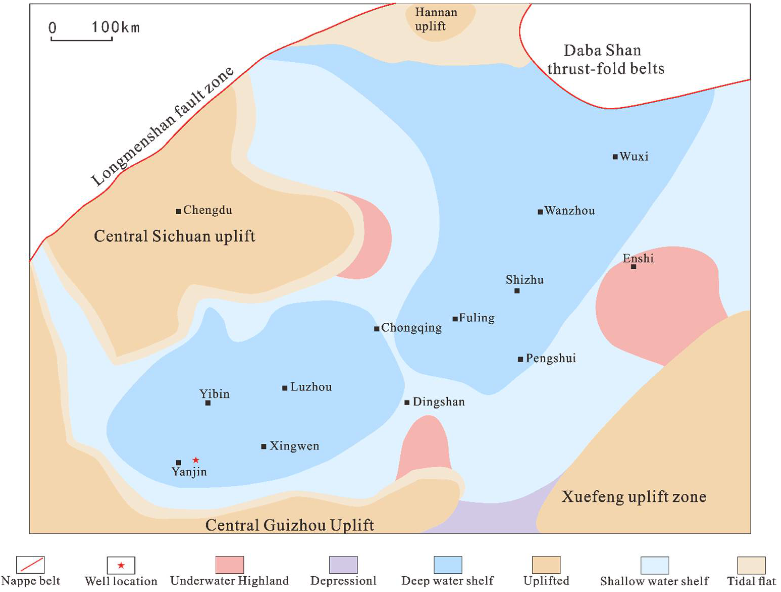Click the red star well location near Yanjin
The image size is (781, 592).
(x=196, y=460)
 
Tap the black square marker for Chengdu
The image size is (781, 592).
(x=178, y=211)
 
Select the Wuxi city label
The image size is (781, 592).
(x=634, y=156)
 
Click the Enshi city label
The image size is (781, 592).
(x=638, y=258)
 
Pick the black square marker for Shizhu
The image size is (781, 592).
(x=517, y=291)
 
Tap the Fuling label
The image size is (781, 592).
(x=477, y=318)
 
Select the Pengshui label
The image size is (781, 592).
(x=551, y=358)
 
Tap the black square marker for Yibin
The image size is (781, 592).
(x=208, y=403)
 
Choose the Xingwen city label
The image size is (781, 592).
(x=294, y=446)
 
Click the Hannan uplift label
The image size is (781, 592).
(x=436, y=19)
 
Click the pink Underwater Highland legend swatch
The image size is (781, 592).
(x=229, y=565)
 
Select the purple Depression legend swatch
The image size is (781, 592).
(x=343, y=565)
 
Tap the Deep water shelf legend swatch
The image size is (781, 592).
(x=448, y=565)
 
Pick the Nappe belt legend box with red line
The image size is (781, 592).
(x=30, y=565)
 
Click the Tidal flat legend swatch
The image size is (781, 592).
(x=751, y=565)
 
